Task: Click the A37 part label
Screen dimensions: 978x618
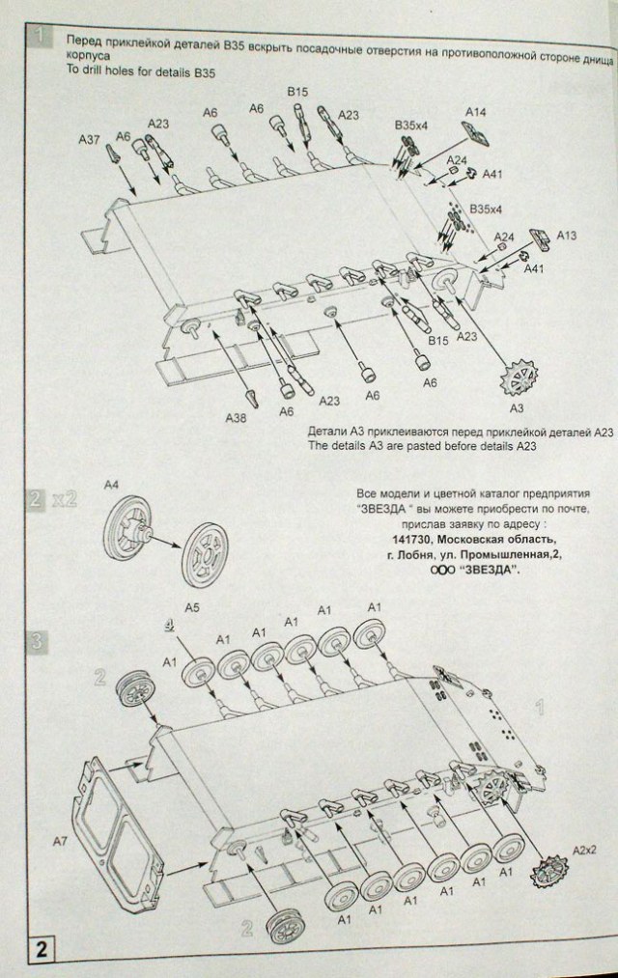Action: [88, 140]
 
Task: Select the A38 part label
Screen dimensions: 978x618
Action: [237, 417]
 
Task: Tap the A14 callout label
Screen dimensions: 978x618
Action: [476, 113]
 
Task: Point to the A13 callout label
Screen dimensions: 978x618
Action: [567, 235]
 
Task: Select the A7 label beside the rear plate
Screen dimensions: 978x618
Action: [59, 843]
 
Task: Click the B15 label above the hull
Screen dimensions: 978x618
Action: [297, 92]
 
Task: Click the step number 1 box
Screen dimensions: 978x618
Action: [42, 40]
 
